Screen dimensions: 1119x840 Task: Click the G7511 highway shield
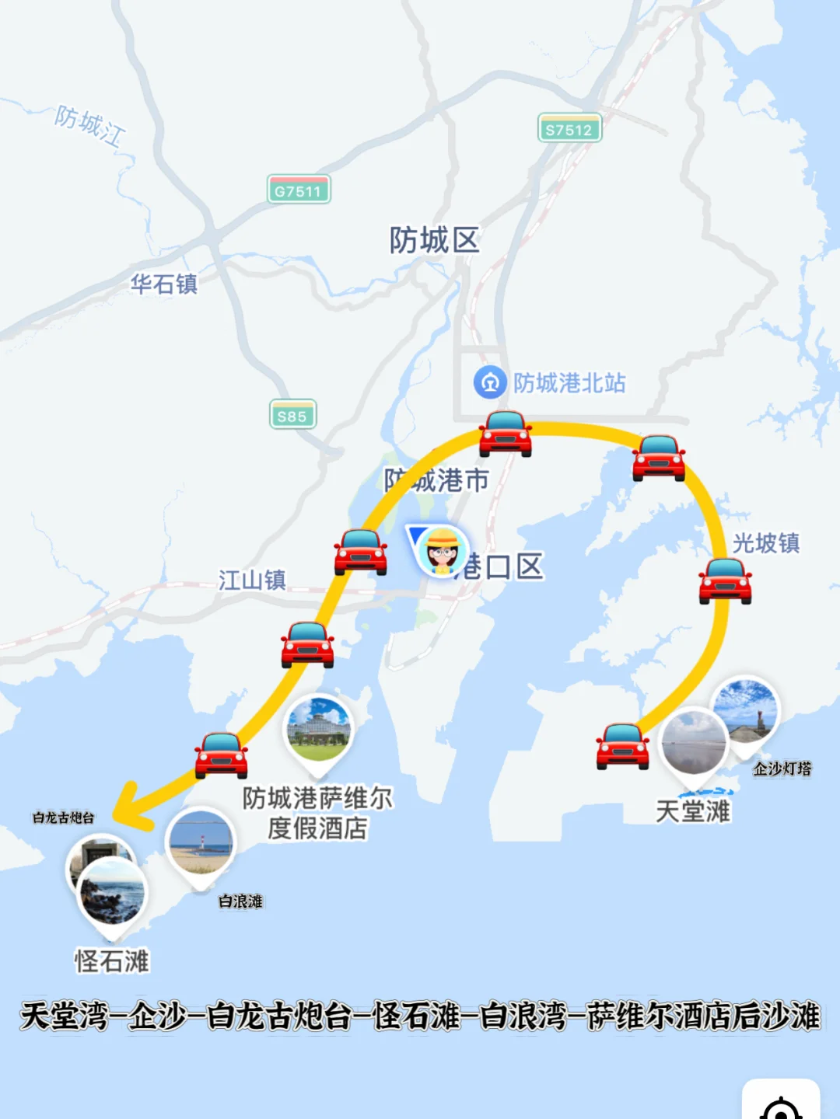[x=299, y=190]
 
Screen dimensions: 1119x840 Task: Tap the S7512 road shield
[x=569, y=128]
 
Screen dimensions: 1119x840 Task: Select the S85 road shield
[x=292, y=415]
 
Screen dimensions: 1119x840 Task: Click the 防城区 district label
[x=434, y=240]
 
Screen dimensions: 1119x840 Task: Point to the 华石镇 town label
[x=163, y=284]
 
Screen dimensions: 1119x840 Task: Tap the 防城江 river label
[x=89, y=125]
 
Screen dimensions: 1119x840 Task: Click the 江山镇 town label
[x=252, y=580]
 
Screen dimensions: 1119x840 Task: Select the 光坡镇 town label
[x=766, y=542]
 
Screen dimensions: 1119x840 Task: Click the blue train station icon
[x=490, y=382]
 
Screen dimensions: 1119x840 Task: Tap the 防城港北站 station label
[x=569, y=382]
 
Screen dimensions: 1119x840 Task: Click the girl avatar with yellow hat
[x=442, y=551]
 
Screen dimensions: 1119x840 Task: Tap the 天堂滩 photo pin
[x=693, y=742]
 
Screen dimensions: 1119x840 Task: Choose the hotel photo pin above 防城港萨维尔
[x=319, y=730]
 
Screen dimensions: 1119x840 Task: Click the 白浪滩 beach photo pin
[x=201, y=843]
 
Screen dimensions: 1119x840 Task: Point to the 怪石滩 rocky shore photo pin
[x=112, y=894]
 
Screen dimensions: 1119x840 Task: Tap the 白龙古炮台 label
[x=63, y=817]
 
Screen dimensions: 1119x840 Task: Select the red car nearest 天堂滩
[x=622, y=746]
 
